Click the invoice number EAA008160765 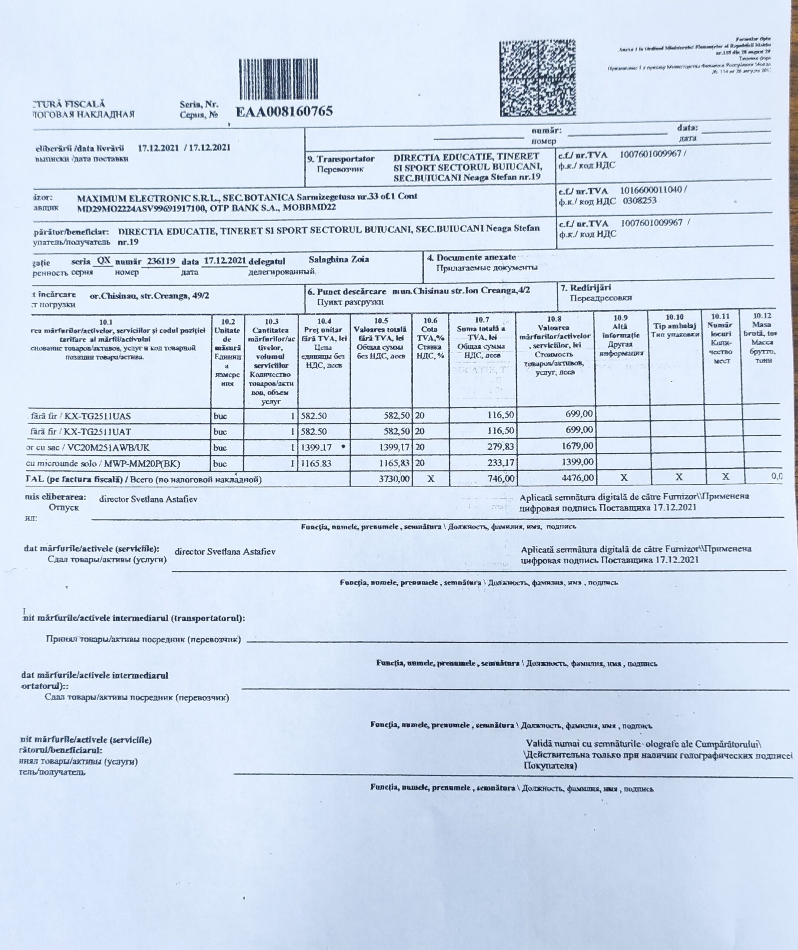(284, 111)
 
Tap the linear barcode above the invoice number (285, 81)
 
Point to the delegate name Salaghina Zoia (338, 260)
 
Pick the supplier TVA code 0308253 (640, 201)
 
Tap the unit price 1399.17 (316, 448)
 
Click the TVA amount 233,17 (500, 462)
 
